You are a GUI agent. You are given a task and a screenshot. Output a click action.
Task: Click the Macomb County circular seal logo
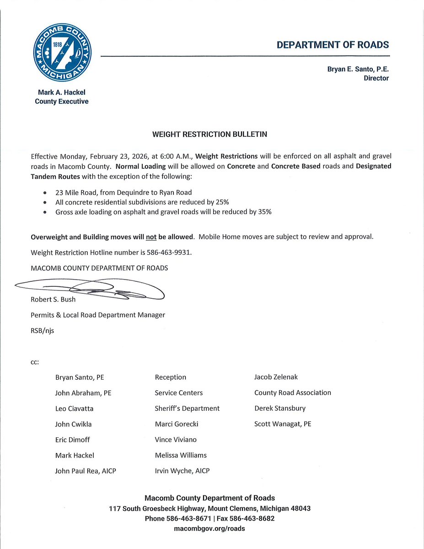tap(62, 53)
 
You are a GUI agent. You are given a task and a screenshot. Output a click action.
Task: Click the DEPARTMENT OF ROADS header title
tap(333, 45)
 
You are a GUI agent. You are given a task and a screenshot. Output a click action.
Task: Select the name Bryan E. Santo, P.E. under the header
tap(358, 69)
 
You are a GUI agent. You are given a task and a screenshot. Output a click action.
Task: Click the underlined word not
tap(151, 237)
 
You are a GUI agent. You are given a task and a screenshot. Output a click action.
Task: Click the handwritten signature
tap(91, 290)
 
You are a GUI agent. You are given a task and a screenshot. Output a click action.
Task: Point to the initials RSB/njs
tap(42, 330)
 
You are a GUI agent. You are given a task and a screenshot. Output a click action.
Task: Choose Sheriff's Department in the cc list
tap(187, 408)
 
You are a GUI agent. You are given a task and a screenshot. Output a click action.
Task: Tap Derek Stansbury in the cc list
tap(279, 408)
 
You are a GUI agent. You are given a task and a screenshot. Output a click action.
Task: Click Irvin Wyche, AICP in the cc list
tap(182, 470)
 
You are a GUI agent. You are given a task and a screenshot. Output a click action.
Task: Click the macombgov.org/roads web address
tap(209, 528)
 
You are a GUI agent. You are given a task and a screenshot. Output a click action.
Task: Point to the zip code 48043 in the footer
tap(300, 509)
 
